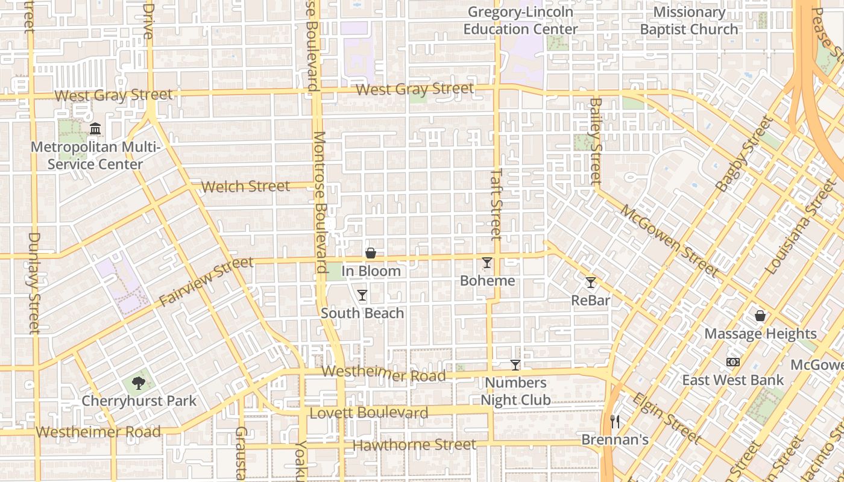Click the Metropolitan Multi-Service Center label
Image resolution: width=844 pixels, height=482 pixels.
(95, 155)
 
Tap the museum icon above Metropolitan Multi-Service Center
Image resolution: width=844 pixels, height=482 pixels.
(95, 128)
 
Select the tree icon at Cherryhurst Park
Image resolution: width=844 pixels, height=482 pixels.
(139, 383)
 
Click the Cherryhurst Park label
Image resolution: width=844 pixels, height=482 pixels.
(139, 401)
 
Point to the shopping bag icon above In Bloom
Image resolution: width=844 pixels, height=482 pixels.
(371, 253)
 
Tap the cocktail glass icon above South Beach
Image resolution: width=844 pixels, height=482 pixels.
(362, 295)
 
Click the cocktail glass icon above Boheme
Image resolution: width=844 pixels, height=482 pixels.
(487, 263)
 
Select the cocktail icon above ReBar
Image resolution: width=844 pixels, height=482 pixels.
(591, 282)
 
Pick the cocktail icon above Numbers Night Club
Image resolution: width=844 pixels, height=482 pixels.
(515, 365)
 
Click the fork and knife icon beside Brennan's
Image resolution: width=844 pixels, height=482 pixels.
(615, 422)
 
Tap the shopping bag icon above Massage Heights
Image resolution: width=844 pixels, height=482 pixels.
(760, 316)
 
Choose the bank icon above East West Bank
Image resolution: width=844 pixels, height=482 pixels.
(733, 362)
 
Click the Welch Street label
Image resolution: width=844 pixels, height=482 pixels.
(246, 186)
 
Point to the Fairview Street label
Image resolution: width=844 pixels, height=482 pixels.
(206, 281)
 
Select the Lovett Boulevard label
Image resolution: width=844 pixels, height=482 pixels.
(369, 413)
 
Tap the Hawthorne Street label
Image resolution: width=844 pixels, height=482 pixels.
(415, 445)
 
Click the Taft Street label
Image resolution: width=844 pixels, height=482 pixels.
(496, 203)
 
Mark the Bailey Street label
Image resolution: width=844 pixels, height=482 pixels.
(596, 140)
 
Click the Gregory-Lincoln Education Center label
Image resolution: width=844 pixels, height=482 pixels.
(521, 20)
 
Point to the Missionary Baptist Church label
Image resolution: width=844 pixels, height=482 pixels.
(689, 20)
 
